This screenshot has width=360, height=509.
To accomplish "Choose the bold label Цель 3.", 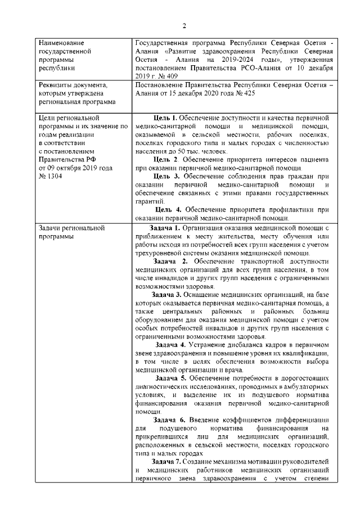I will tap(168, 176).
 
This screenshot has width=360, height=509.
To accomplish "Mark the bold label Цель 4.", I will tap(168, 210).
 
